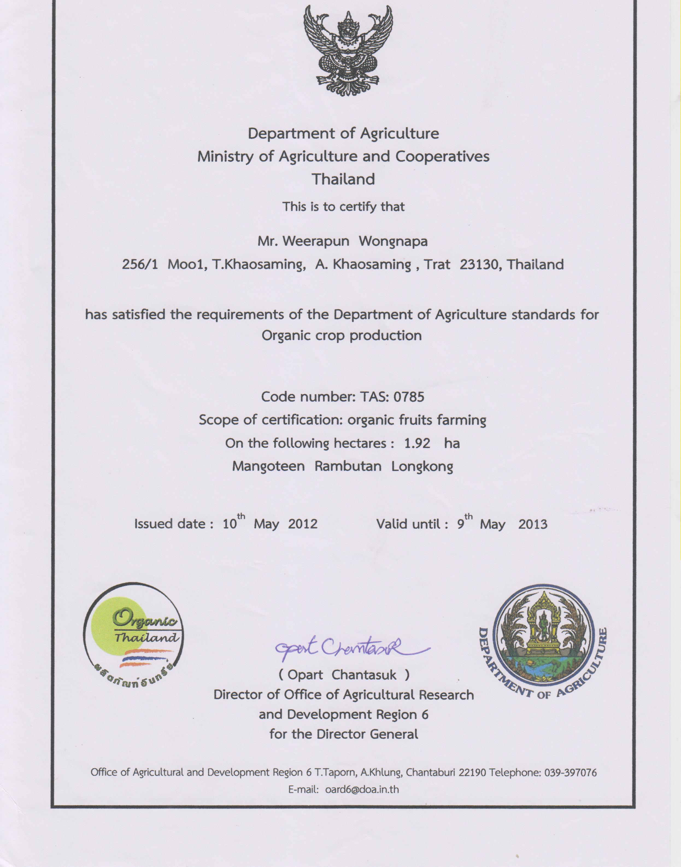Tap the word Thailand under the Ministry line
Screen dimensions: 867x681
point(343,179)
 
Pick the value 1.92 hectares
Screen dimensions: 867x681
point(417,443)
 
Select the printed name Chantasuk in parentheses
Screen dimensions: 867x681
point(364,675)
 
